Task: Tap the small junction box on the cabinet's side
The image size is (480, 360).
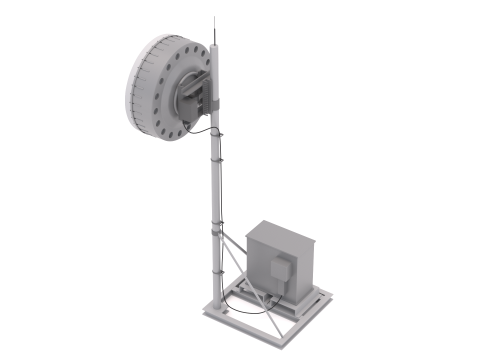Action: click(x=284, y=268)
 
